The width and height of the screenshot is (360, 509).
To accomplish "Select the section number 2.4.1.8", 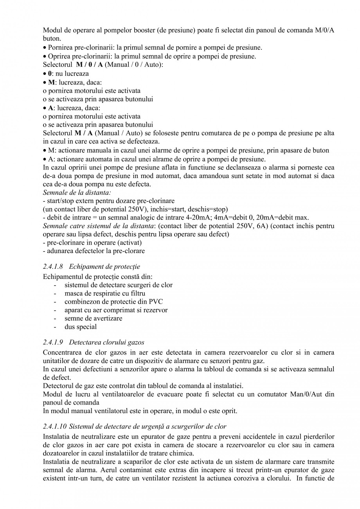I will click(x=54, y=267).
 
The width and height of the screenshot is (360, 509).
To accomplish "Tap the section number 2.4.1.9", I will click(x=54, y=342).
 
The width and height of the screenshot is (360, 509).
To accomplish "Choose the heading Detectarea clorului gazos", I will click(x=107, y=342).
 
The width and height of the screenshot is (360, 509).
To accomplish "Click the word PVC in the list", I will click(x=156, y=302).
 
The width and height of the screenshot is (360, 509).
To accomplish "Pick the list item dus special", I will click(x=81, y=327).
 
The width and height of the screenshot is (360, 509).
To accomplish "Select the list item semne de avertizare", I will click(x=93, y=318).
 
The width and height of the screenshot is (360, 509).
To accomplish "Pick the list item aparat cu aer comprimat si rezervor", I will click(x=116, y=310).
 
